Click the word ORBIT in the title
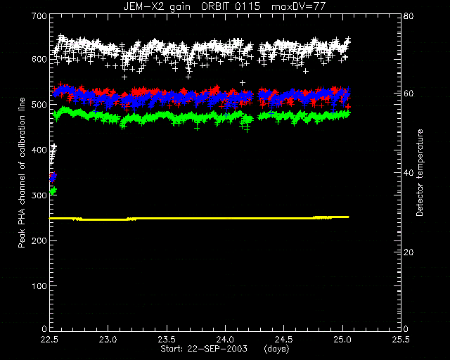[x=217, y=6]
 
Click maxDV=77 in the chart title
[x=298, y=6]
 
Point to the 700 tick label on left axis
[x=39, y=15]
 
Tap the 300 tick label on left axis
[x=39, y=195]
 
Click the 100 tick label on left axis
[x=39, y=286]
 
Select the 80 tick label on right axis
[x=408, y=15]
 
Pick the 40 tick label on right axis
[x=408, y=173]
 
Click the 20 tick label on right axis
[x=408, y=252]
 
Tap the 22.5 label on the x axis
[x=50, y=340]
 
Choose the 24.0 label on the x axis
[x=226, y=340]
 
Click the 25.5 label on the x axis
[x=401, y=340]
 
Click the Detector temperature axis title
[x=420, y=172]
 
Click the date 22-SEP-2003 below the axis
[x=217, y=349]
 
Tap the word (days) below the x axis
[x=276, y=349]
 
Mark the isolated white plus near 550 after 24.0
[x=243, y=83]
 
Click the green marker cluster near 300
[x=53, y=191]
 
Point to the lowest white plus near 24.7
[x=306, y=71]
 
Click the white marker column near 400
[x=53, y=154]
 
